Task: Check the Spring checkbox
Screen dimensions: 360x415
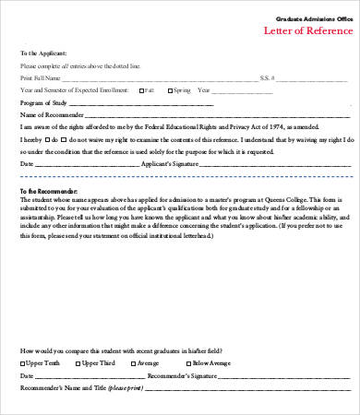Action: point(169,90)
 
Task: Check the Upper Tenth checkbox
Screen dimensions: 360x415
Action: point(23,364)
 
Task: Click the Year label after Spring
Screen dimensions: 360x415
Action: point(204,90)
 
